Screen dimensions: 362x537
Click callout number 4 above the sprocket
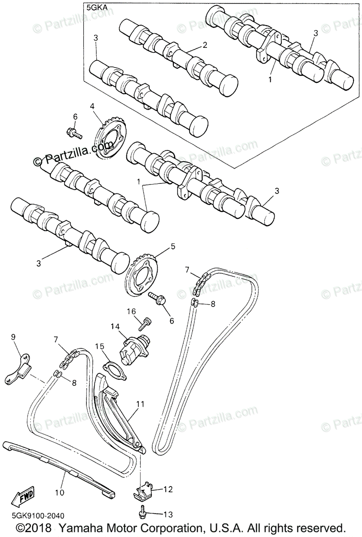click(92, 107)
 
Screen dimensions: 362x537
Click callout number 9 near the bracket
click(13, 337)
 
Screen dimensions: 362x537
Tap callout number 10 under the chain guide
click(60, 492)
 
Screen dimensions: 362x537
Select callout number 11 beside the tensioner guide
click(140, 404)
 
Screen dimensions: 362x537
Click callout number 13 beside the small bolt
click(168, 515)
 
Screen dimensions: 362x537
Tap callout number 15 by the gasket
click(99, 346)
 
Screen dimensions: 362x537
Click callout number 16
click(131, 311)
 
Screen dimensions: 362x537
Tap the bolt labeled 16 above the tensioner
click(147, 321)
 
